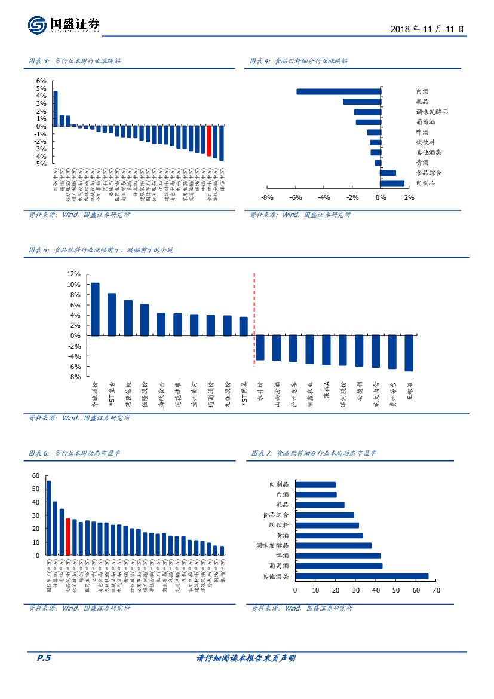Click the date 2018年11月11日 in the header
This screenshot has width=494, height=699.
pos(427,29)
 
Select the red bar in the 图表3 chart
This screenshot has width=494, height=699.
pos(209,141)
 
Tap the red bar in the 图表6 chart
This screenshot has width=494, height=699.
pos(68,537)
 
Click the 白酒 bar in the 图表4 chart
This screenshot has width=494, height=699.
pos(339,91)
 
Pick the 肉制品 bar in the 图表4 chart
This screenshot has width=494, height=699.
pos(392,183)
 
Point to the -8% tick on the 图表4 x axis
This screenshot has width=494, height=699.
pos(267,198)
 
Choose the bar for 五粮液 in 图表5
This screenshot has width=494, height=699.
pos(409,353)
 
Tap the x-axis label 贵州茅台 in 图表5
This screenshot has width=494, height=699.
pos(392,395)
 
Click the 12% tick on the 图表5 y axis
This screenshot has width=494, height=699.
pos(74,274)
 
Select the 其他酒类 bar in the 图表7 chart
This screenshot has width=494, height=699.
pos(361,576)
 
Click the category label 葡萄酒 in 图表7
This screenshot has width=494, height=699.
pos(279,566)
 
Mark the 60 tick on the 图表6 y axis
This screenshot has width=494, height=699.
pos(35,476)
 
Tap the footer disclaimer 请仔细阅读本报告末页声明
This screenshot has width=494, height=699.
pos(246,658)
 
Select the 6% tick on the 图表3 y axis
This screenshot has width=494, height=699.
pos(41,81)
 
